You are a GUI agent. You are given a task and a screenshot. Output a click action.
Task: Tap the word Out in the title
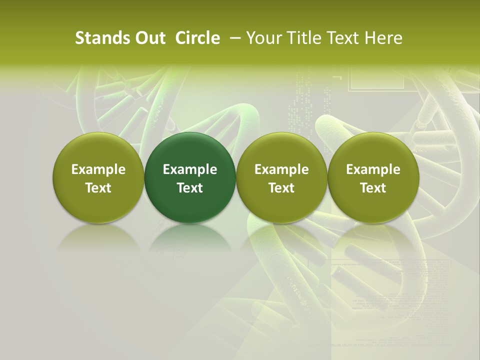point(149,38)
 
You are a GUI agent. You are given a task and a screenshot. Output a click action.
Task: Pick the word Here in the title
point(383,38)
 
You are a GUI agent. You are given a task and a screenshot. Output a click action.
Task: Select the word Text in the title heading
point(342,38)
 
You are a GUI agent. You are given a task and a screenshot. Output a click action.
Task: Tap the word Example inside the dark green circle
point(190,169)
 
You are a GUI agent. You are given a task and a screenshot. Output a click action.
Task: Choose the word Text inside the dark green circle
point(190,188)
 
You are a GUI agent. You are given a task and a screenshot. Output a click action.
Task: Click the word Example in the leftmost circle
point(98,169)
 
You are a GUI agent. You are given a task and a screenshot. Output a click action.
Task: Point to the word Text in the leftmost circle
point(98,188)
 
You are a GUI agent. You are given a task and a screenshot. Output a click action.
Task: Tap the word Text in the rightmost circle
point(373,188)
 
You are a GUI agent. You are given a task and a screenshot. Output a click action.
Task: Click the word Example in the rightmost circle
point(373,169)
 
